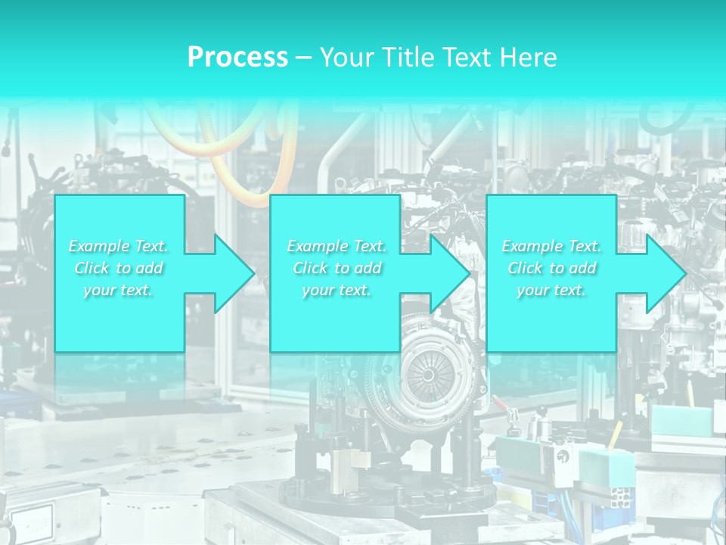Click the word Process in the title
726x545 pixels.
click(x=237, y=58)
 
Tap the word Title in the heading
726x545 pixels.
click(x=405, y=58)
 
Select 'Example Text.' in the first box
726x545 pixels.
click(x=119, y=246)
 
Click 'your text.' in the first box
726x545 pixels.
click(x=119, y=290)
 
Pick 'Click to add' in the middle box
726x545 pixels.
click(x=337, y=268)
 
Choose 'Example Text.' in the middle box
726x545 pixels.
click(x=337, y=246)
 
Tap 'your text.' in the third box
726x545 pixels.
click(x=551, y=290)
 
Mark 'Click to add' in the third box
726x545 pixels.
click(x=551, y=268)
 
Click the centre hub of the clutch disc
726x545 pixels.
click(x=428, y=374)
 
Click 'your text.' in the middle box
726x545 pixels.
click(x=337, y=290)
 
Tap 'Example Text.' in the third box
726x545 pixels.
click(x=551, y=246)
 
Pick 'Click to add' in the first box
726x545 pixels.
click(x=119, y=268)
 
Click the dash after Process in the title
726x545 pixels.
click(x=304, y=58)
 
